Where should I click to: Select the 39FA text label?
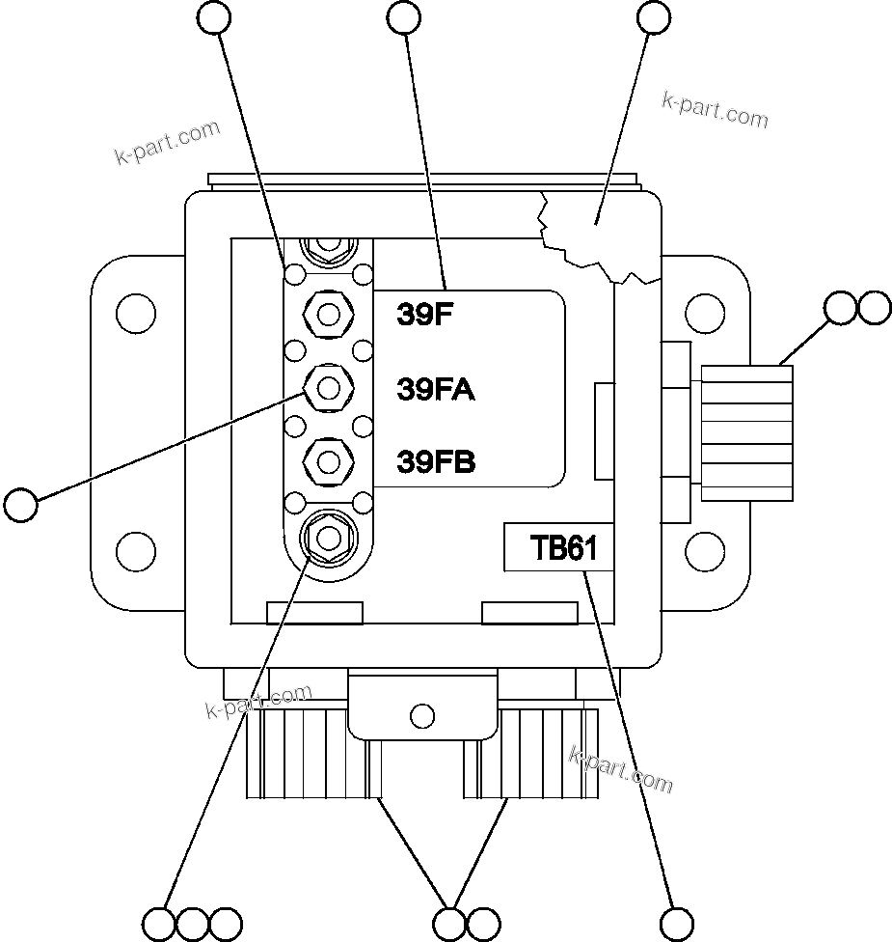pos(435,389)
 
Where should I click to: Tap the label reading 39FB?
pos(436,462)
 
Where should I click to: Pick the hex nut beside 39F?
pos(328,314)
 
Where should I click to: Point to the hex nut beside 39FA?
pos(328,388)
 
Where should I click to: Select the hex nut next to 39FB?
pos(328,461)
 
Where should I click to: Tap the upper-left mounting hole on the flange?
pos(135,314)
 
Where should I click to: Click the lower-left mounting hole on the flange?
pos(135,551)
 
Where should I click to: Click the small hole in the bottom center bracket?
pos(421,715)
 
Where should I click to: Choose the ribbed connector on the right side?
pos(747,432)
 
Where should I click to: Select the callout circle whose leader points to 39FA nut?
pos(21,505)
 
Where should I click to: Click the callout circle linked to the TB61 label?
pos(679,922)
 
